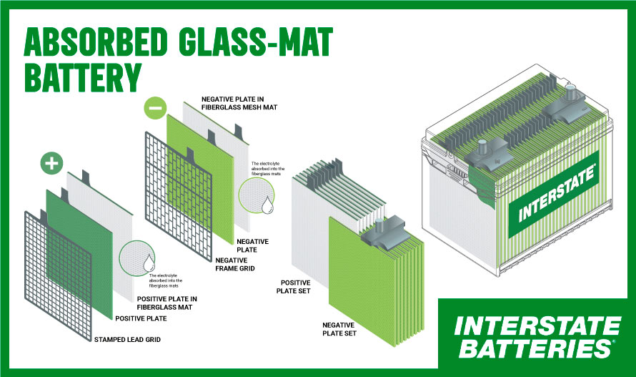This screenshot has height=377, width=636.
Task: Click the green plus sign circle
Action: click(x=50, y=164)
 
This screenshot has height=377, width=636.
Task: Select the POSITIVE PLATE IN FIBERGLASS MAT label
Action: click(x=169, y=303)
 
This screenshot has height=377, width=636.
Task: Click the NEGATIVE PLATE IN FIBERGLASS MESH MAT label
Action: click(x=239, y=102)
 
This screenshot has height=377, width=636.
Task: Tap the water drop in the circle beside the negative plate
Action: click(x=266, y=207)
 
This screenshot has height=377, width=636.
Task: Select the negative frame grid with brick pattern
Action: click(x=172, y=193)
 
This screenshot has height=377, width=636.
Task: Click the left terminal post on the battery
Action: click(x=482, y=149)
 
